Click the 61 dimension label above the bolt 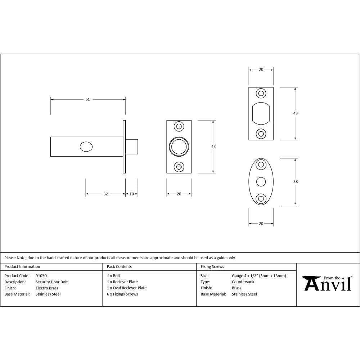pyautogui.click(x=87, y=100)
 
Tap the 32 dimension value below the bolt pyautogui.click(x=105, y=194)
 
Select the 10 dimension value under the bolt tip pyautogui.click(x=132, y=194)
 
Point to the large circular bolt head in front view pyautogui.click(x=179, y=147)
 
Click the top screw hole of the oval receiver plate pyautogui.click(x=261, y=165)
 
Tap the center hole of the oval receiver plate pyautogui.click(x=261, y=182)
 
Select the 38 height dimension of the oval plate pyautogui.click(x=296, y=182)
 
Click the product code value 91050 pyautogui.click(x=41, y=276)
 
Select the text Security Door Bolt pyautogui.click(x=51, y=282)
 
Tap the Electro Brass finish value pyautogui.click(x=47, y=288)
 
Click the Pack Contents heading pyautogui.click(x=119, y=267)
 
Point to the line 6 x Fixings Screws pyautogui.click(x=122, y=294)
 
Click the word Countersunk pyautogui.click(x=243, y=282)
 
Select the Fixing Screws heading pyautogui.click(x=212, y=267)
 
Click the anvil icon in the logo pyautogui.click(x=310, y=283)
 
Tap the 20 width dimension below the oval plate pyautogui.click(x=261, y=224)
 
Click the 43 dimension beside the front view pyautogui.click(x=213, y=147)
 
